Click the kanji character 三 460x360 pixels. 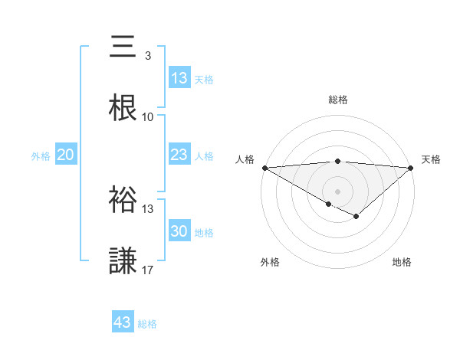(123, 48)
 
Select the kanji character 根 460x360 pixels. (123, 109)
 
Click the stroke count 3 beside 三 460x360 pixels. (147, 56)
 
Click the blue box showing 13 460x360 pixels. (179, 78)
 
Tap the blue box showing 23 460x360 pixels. (179, 155)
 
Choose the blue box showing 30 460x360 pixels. (179, 231)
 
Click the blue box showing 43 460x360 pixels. (123, 322)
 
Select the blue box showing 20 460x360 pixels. (66, 155)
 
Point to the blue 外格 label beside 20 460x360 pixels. (41, 156)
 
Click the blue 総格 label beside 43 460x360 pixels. (147, 324)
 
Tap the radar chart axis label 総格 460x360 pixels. (338, 100)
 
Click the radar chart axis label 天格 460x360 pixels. (431, 159)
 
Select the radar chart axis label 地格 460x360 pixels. (402, 262)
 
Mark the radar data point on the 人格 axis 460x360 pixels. (264, 168)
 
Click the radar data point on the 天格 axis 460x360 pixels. (411, 168)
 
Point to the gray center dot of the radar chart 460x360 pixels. (337, 191)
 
